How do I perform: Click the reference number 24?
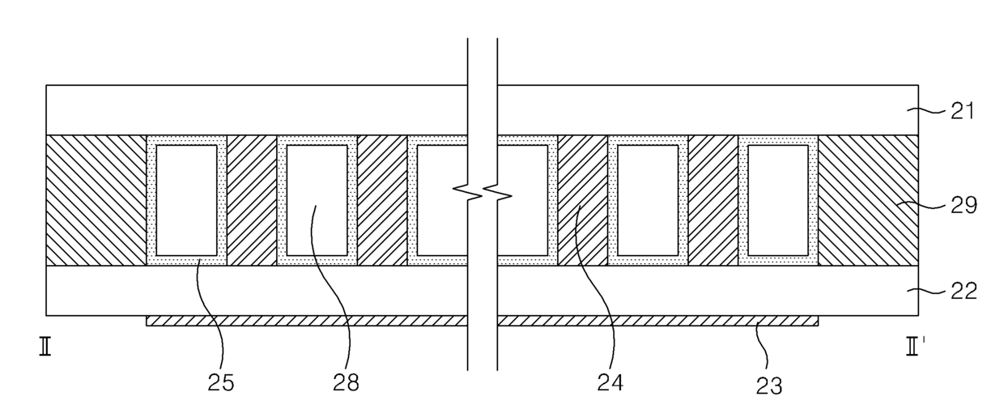[x=613, y=382]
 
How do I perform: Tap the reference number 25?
[x=220, y=382]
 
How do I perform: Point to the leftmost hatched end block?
[x=96, y=200]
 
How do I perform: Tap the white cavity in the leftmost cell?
[x=186, y=200]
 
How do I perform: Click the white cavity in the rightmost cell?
[x=778, y=200]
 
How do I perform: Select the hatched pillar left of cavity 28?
[x=252, y=200]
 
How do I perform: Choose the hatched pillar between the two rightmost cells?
[x=713, y=200]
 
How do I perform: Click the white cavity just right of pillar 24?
[x=648, y=200]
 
